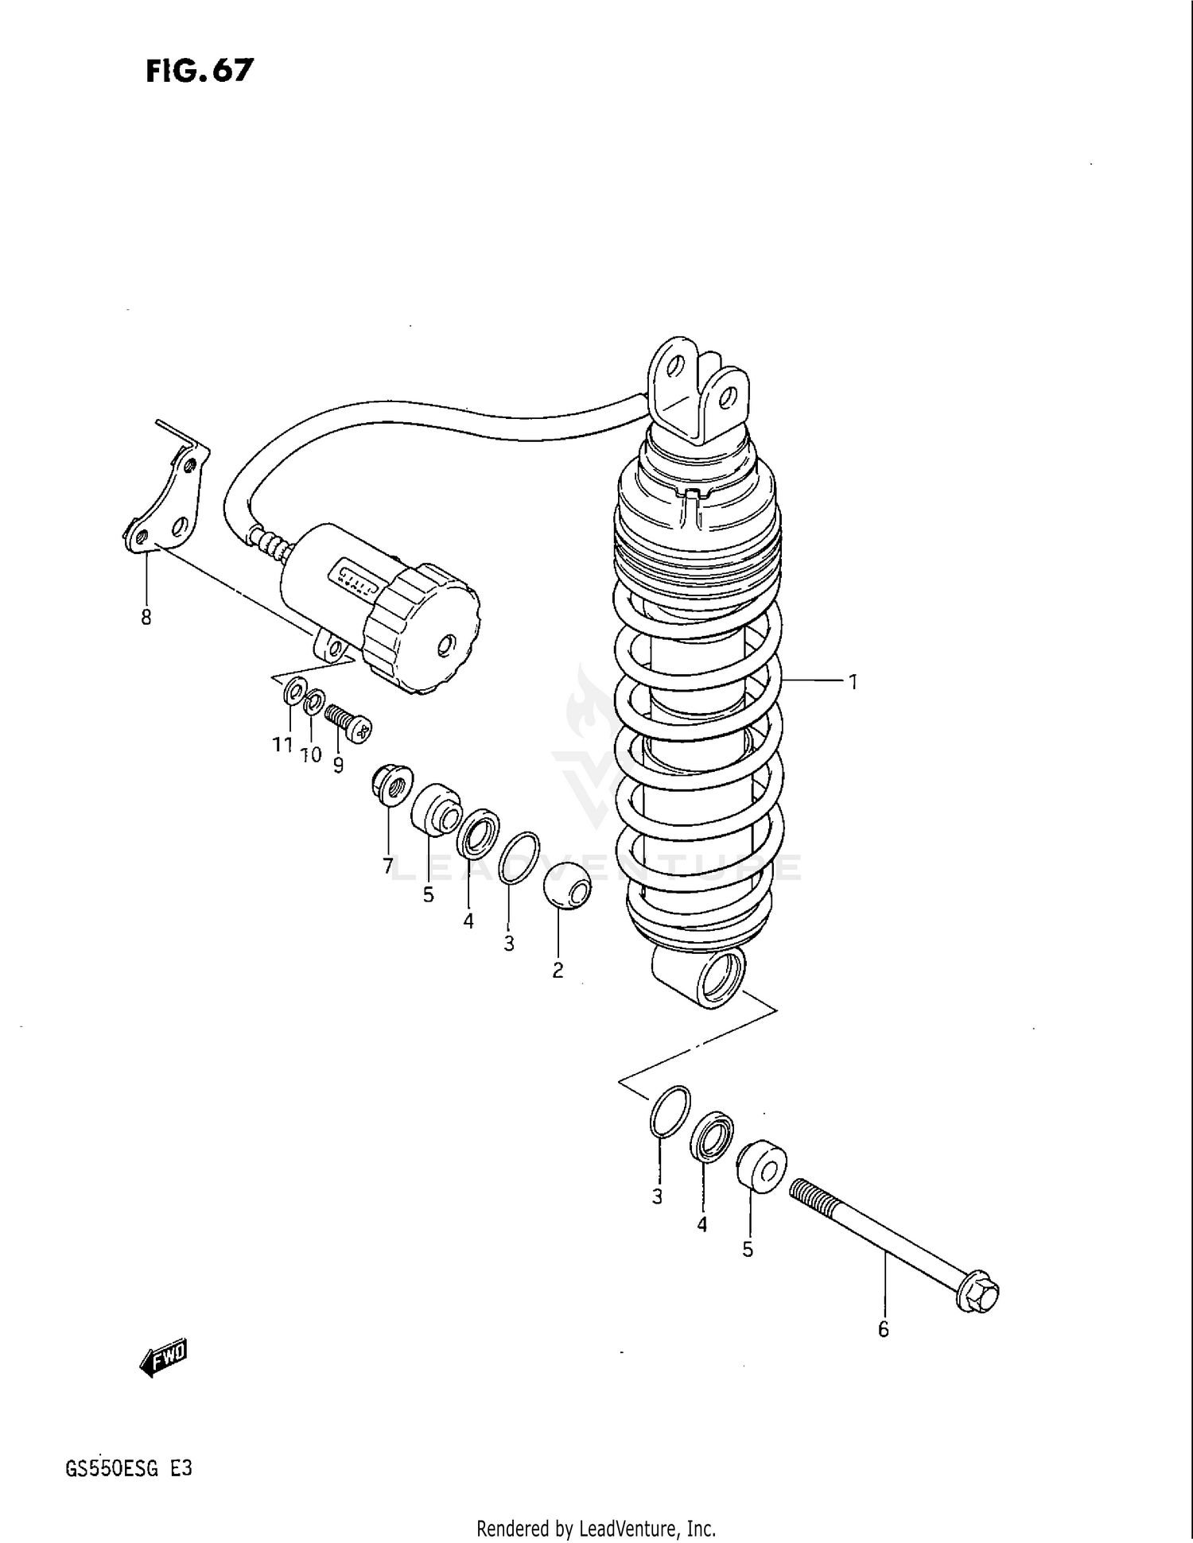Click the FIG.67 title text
pos(200,71)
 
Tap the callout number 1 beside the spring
pos(852,681)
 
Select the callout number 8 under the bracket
pos(146,617)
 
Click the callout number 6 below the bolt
pos(883,1328)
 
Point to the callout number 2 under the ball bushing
pos(558,970)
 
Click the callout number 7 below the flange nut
pos(388,865)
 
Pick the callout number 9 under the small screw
pos(338,765)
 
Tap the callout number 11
pos(282,745)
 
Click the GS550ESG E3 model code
pos(129,1467)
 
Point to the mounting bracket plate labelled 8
pos(168,501)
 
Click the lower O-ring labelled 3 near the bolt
pos(670,1110)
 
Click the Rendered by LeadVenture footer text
pos(596,1528)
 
